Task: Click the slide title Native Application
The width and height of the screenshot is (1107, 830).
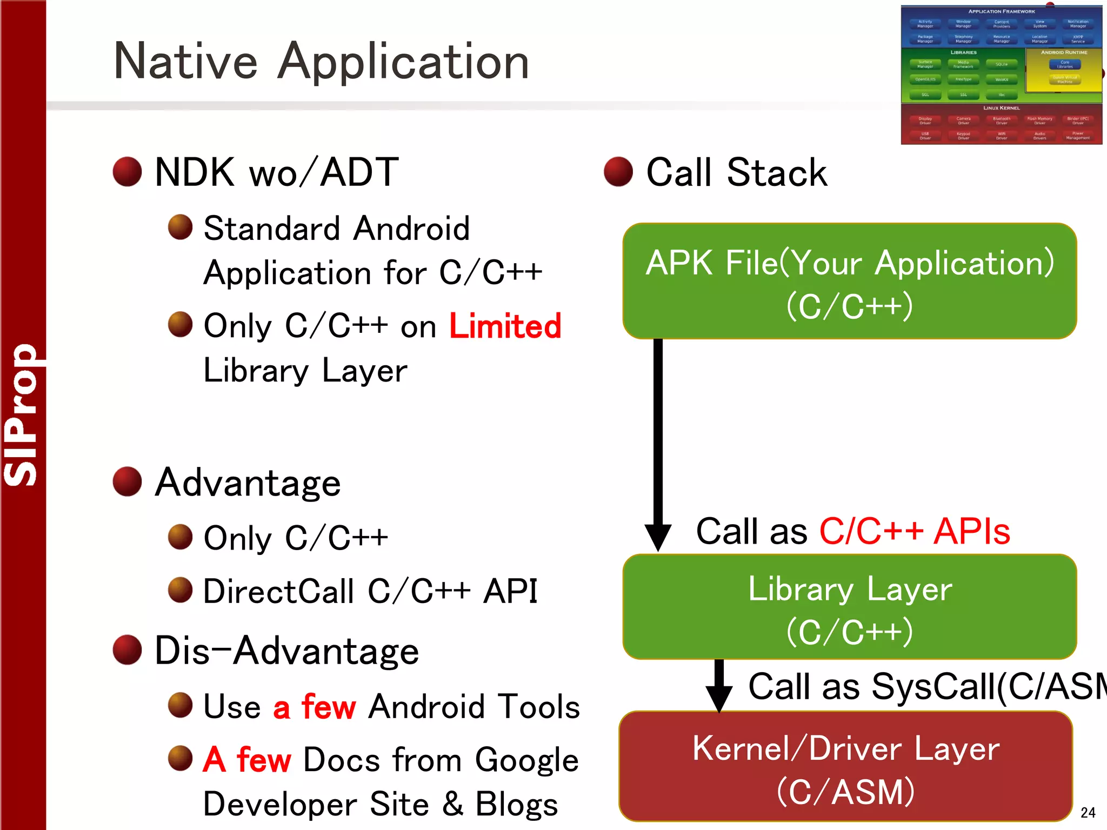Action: coord(321,61)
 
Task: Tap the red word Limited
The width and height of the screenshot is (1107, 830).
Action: coord(505,326)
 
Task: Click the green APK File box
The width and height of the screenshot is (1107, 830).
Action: coord(849,282)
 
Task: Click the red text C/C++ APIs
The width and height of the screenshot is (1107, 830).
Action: coord(915,531)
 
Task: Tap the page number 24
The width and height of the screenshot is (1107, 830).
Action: coord(1088,812)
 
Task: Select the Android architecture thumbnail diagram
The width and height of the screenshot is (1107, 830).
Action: coord(1001,75)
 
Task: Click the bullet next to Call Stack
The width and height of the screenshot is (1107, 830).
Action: coord(618,172)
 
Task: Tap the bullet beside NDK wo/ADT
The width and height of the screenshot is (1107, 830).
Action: coord(127,172)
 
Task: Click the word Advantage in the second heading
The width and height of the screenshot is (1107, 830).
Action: coord(248,483)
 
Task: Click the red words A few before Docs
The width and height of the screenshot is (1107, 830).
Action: coord(247,759)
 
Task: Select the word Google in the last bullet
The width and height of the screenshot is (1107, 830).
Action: coord(526,760)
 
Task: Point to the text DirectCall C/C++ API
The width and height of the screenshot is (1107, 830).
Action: coord(370,591)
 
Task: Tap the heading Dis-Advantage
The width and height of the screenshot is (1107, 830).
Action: coord(286,651)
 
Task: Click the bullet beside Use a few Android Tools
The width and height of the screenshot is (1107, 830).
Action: coord(180,705)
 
